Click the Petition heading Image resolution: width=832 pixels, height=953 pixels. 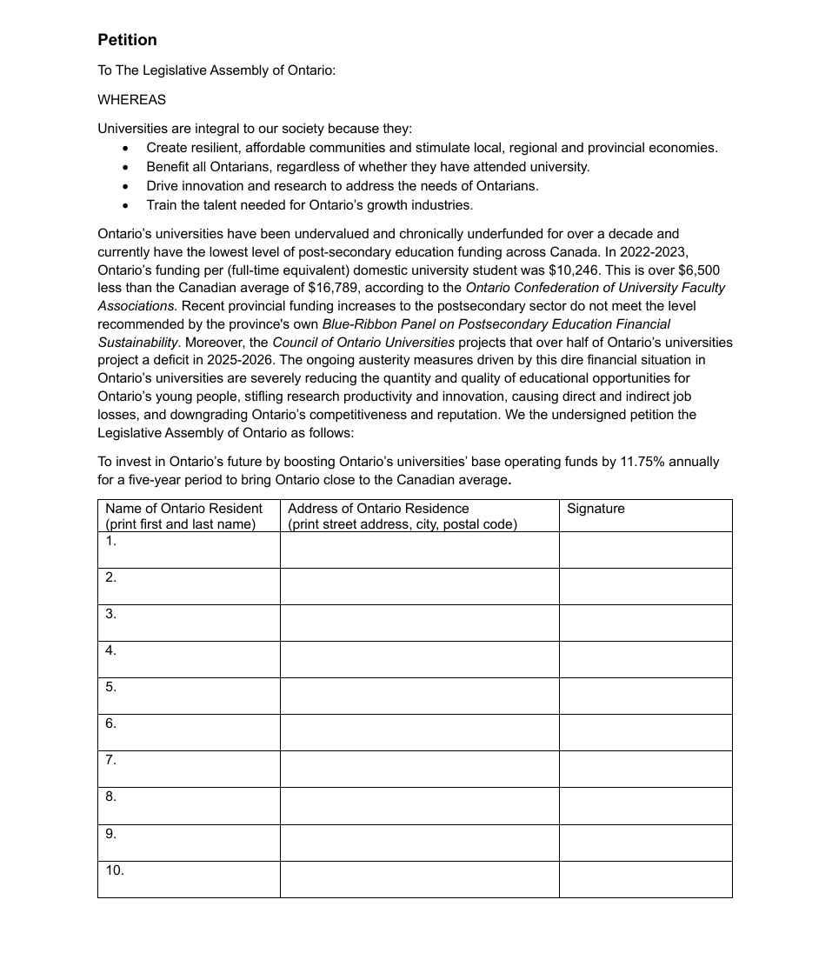coord(127,40)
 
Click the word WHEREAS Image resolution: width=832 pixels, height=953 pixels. coord(131,100)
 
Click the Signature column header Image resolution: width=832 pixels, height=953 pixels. coord(596,509)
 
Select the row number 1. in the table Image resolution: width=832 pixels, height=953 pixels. coord(111,541)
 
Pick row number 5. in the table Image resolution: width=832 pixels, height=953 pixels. coord(111,687)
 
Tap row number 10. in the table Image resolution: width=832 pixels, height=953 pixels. coord(115,870)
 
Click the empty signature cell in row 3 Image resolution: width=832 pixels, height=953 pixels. coord(645,623)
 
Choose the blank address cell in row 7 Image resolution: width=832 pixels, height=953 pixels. coord(419,769)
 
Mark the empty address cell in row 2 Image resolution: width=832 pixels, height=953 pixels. coord(419,586)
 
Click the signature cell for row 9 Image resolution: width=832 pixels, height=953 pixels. coord(645,843)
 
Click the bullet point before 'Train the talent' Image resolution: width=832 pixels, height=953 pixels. coord(126,206)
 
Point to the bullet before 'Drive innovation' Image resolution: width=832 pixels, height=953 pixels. coord(126,187)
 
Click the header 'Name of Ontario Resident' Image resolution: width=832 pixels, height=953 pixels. coord(183,509)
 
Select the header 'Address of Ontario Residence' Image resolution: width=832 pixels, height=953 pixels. coord(378,509)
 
